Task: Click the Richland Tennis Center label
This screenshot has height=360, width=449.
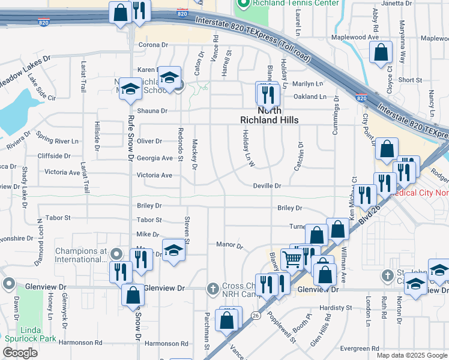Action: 288,3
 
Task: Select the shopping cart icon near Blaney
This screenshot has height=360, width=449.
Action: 292,260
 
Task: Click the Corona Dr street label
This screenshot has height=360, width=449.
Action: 152,45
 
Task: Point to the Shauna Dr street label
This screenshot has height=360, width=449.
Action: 152,111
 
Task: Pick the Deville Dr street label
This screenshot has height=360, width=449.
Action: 267,186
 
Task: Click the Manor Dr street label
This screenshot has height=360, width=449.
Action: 229,245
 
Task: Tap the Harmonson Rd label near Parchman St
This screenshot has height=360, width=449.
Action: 166,344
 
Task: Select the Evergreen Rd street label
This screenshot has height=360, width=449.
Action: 359,348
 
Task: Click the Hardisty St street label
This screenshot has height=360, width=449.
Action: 335,308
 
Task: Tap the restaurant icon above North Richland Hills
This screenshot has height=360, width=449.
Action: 267,94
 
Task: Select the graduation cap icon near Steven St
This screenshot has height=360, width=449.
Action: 173,250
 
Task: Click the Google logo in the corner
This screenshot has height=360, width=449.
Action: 20,353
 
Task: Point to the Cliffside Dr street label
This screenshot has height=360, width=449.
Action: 53,156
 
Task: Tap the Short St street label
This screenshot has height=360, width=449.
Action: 410,80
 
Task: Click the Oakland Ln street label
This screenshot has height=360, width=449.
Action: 310,97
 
